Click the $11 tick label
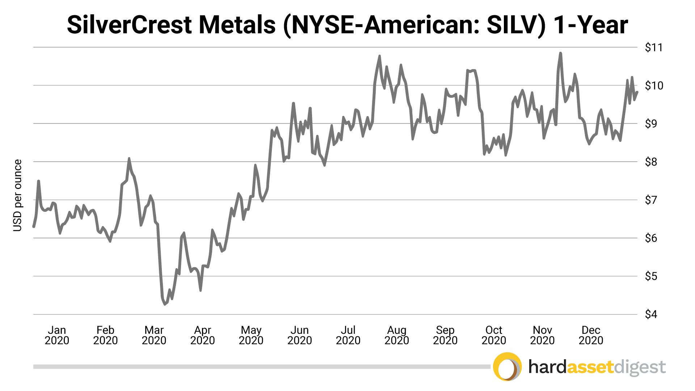point(654,47)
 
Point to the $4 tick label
point(651,314)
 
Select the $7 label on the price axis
point(651,200)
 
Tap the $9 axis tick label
point(651,124)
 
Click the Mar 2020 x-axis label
point(154,335)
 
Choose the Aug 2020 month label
point(397,335)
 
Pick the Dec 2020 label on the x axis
point(591,335)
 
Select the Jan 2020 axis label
point(57,335)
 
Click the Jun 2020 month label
point(299,335)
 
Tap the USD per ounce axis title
point(17,195)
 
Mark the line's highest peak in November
point(560,53)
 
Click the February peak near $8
point(129,159)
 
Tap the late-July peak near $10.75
point(379,56)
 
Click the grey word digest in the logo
point(640,368)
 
